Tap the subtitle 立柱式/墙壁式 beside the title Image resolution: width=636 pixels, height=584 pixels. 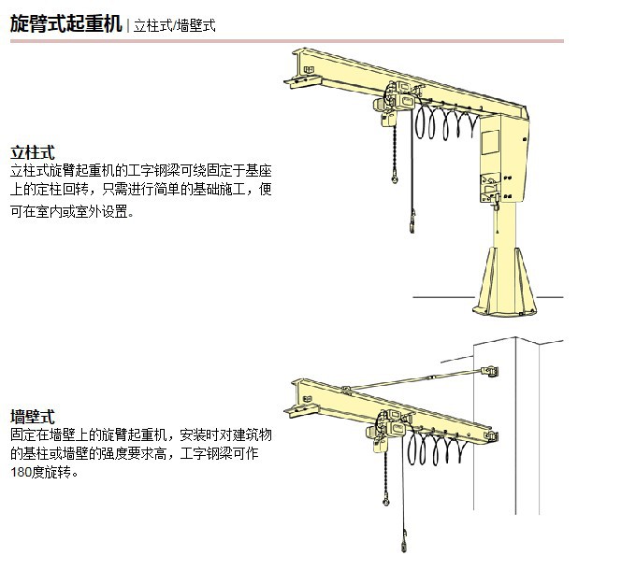point(175,25)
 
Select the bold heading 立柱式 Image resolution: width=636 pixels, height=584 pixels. point(32,151)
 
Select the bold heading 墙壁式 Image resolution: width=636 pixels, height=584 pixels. point(32,417)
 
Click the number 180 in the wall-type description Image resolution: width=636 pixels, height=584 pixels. point(22,472)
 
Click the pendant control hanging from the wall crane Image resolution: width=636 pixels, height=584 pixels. point(404,542)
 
